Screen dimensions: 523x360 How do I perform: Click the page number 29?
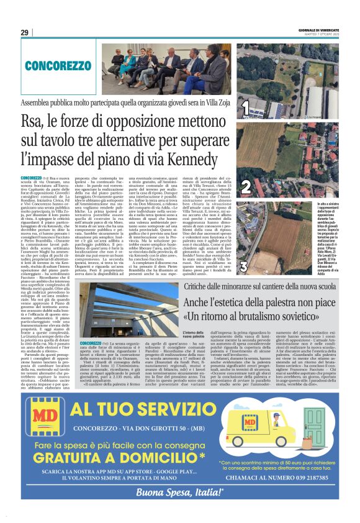point(25,32)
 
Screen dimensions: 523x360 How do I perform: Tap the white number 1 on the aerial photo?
point(245,110)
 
